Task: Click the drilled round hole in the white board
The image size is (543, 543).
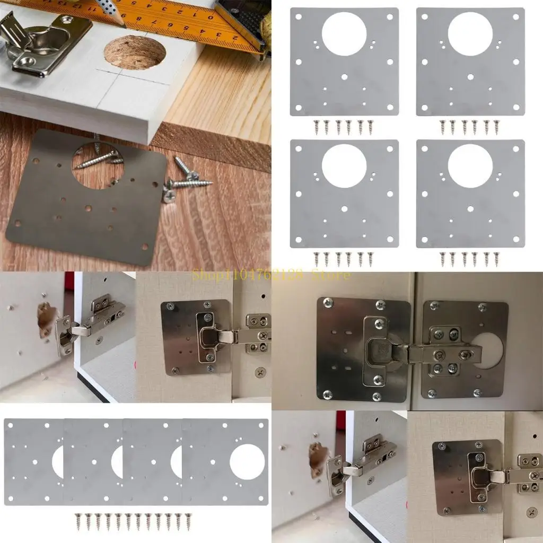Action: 134,52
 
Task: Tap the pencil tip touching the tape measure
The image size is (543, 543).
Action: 123,23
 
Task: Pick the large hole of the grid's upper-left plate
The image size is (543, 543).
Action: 344,34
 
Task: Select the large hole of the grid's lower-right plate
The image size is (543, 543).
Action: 470,165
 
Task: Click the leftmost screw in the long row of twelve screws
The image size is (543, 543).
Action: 78,522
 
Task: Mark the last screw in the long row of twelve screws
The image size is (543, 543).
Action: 187,522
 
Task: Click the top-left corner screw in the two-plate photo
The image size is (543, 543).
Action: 328,303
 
